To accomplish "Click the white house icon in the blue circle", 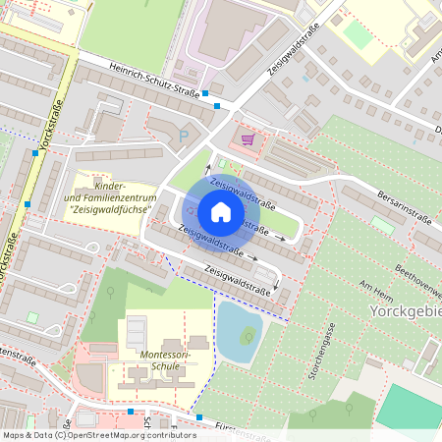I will pos(221,212).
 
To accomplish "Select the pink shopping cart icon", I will pos(248,139).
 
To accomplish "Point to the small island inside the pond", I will pos(249,337).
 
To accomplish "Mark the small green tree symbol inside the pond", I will pos(249,337).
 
